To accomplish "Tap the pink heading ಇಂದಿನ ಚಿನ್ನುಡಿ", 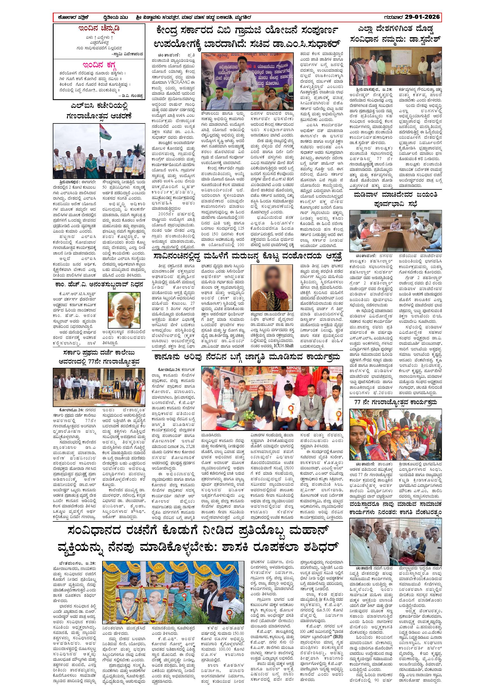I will point(99,29).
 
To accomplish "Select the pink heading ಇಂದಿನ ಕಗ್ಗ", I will point(99,65).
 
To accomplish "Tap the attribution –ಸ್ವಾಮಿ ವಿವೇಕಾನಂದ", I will point(127,54).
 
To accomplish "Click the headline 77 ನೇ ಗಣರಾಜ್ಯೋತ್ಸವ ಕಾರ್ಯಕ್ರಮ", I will point(395,402).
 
